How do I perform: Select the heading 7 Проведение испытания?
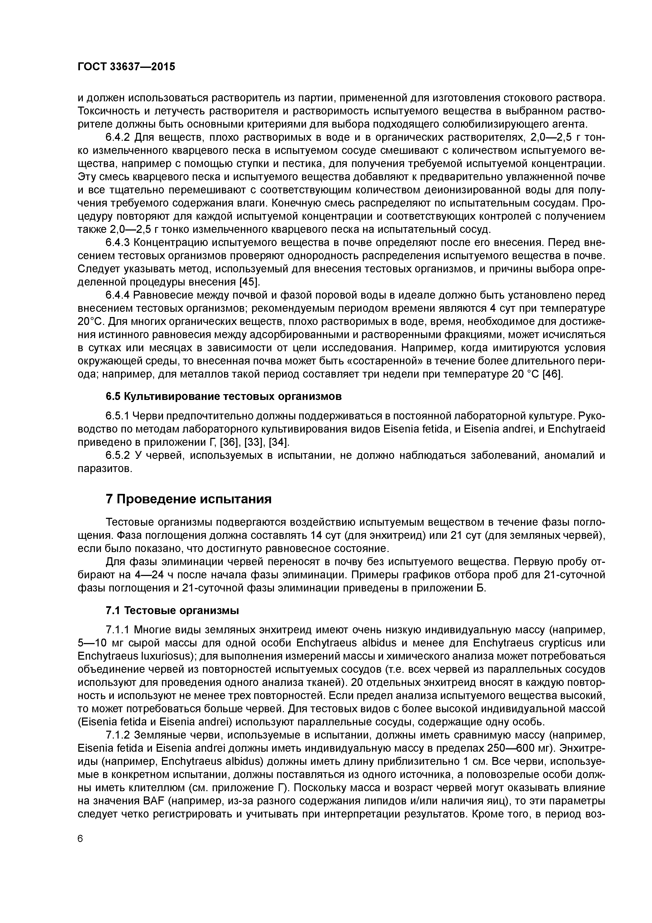click(189, 499)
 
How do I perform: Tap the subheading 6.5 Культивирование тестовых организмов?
click(223, 396)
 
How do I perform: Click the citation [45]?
click(250, 282)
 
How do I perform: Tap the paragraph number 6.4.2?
click(118, 138)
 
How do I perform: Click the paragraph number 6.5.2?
click(118, 455)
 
